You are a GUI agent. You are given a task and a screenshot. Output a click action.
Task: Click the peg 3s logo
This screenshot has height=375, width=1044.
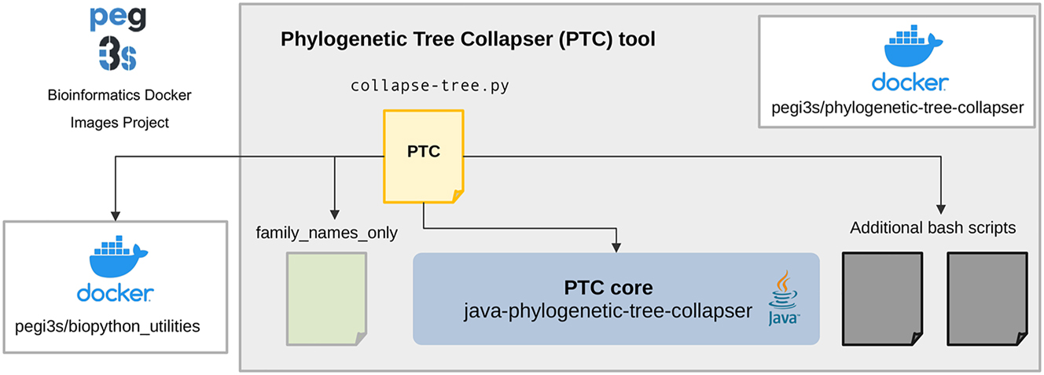pos(118,39)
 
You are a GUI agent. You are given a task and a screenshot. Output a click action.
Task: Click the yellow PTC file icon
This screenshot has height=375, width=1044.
pos(424,156)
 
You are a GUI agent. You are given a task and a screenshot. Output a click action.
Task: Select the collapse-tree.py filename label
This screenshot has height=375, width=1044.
pos(430,86)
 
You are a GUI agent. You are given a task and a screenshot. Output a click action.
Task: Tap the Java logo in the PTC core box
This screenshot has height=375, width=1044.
pos(784,297)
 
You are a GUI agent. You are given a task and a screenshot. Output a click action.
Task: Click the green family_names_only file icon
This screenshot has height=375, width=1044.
pos(327,299)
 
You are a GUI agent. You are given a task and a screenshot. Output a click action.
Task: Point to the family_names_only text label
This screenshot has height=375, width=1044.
pos(327,233)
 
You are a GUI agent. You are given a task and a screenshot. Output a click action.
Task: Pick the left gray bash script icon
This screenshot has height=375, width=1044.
pos(882,299)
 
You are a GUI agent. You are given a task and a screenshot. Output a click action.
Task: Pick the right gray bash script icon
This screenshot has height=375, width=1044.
pos(987,299)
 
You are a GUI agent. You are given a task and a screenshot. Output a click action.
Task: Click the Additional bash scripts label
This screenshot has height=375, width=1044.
pos(932,228)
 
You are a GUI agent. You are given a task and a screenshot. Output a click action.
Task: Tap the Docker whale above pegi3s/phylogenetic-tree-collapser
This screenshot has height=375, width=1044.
pos(913,46)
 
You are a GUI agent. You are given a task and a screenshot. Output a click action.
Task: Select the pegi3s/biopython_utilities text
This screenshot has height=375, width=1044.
pos(107,326)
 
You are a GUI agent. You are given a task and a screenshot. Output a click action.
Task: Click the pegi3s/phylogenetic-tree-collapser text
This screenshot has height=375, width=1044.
pos(898,108)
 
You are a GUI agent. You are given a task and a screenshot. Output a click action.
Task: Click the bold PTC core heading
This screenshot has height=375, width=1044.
pos(608,288)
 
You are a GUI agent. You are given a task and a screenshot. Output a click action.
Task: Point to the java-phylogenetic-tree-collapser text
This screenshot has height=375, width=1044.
pos(608,311)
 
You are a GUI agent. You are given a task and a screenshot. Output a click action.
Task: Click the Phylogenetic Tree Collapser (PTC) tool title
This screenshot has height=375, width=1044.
pos(468,39)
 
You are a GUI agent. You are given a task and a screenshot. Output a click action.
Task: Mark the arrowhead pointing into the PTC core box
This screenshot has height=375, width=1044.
pos(616,248)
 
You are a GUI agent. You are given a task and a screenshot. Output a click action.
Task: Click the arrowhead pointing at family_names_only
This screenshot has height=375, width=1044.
pos(335,214)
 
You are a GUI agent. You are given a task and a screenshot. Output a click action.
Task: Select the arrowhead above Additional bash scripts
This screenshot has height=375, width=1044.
pos(940,209)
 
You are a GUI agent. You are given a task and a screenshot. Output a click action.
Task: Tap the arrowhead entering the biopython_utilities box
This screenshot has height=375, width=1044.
pos(116,215)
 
